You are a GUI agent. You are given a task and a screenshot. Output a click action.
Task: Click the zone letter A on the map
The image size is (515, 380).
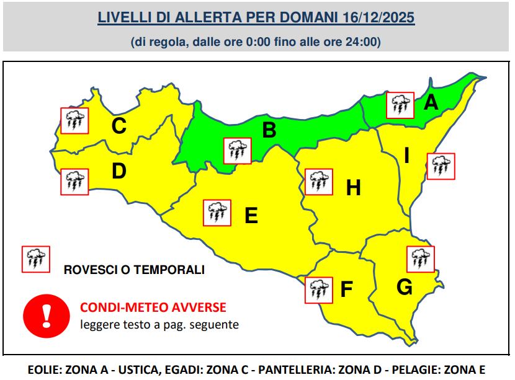431,102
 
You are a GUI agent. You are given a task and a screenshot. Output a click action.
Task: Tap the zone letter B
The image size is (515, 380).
269,130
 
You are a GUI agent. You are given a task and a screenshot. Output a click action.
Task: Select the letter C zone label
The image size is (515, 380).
119,126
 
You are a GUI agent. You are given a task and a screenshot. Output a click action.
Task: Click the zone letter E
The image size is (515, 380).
251,215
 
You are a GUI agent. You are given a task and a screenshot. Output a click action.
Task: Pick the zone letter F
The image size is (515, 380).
346,289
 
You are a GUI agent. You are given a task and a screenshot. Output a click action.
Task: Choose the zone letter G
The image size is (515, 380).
404,287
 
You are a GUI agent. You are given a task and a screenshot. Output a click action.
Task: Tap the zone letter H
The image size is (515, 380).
353,187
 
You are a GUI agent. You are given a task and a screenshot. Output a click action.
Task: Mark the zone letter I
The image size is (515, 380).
406,155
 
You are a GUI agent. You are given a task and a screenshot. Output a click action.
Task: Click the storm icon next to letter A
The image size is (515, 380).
400,105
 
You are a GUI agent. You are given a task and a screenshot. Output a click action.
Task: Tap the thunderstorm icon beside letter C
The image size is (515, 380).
74,121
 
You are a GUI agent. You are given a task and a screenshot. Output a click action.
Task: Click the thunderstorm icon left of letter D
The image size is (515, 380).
74,182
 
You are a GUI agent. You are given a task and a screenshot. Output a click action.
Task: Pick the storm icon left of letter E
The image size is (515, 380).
217,213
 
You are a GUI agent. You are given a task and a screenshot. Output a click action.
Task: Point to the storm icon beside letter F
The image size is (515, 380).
318,289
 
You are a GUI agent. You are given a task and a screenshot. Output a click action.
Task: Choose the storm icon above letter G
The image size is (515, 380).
420,259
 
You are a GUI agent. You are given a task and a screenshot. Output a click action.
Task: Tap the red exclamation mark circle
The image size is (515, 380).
45,314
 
